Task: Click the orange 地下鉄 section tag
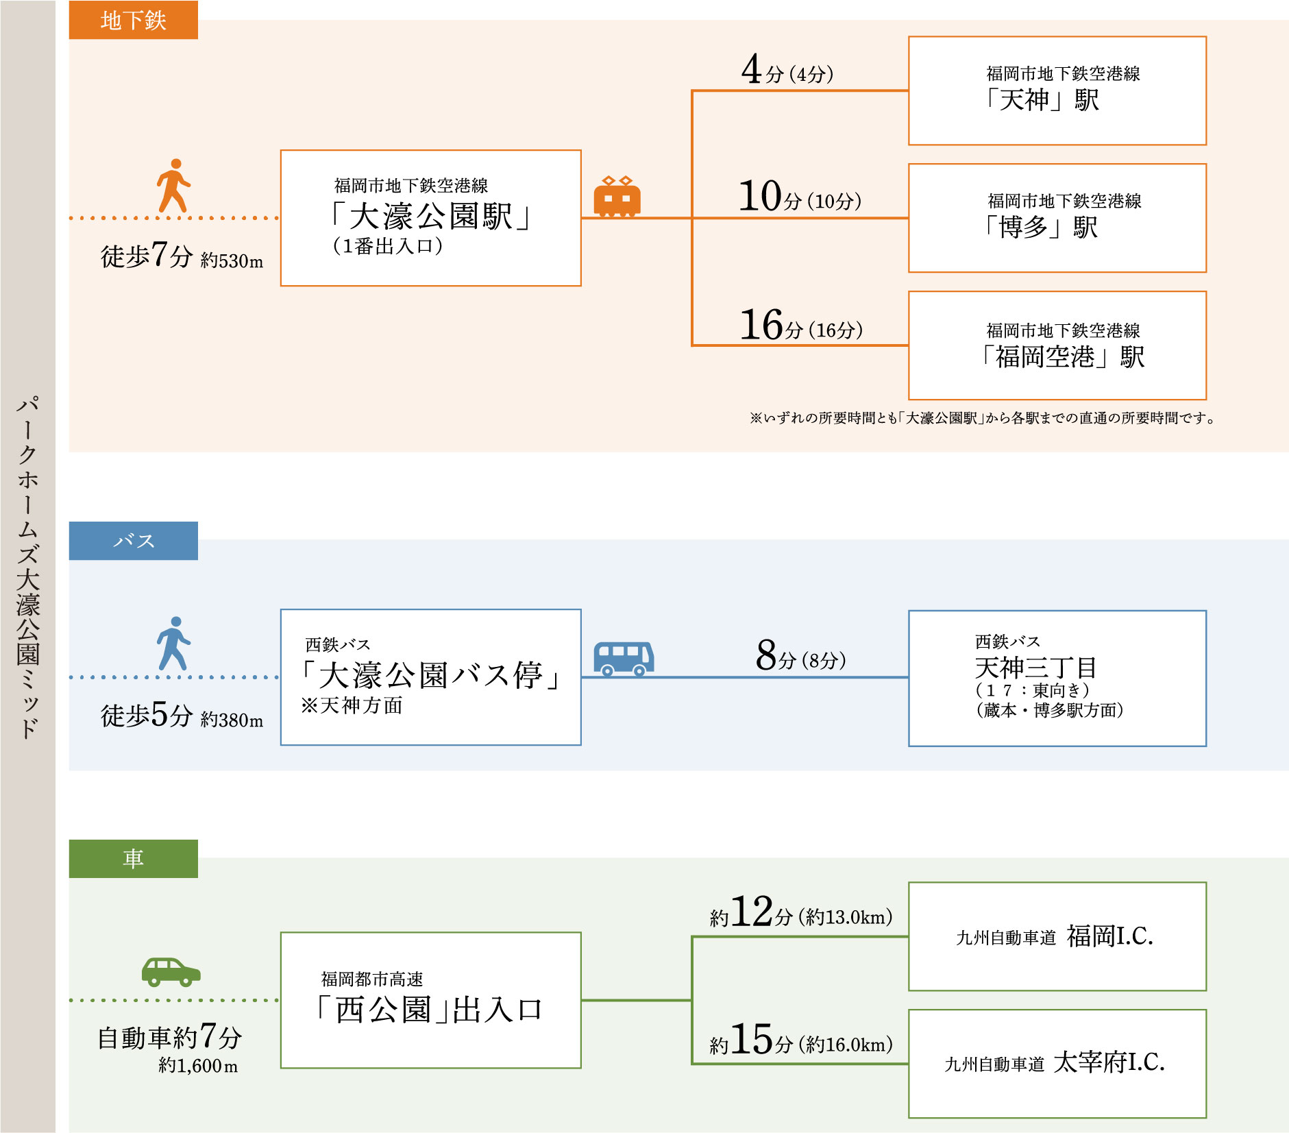[133, 20]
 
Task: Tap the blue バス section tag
[133, 541]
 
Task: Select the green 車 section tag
[133, 858]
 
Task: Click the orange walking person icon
[173, 185]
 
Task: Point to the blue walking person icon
[173, 643]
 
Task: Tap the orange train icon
[617, 197]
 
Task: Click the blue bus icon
[623, 659]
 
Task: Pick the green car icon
[171, 971]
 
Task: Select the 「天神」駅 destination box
[1057, 90]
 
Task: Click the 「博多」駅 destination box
[1057, 218]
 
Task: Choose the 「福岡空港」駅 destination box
[1057, 345]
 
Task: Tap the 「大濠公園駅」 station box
[430, 218]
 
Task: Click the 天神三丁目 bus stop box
[1057, 678]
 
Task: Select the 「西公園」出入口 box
[430, 999]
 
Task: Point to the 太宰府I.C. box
[1057, 1063]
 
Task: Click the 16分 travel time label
[800, 325]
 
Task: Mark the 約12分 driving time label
[800, 913]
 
